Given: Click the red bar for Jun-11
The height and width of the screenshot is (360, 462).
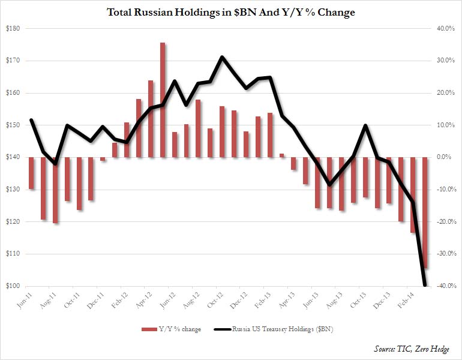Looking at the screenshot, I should click(31, 173).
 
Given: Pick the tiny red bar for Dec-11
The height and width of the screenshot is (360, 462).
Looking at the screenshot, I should click(103, 159).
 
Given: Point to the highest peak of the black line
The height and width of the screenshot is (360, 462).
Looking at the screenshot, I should click(222, 57).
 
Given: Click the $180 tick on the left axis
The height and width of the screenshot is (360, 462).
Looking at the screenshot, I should click(13, 29).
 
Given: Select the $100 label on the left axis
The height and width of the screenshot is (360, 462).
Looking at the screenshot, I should click(13, 286).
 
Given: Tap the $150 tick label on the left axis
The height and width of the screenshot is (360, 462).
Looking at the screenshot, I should click(13, 125).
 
